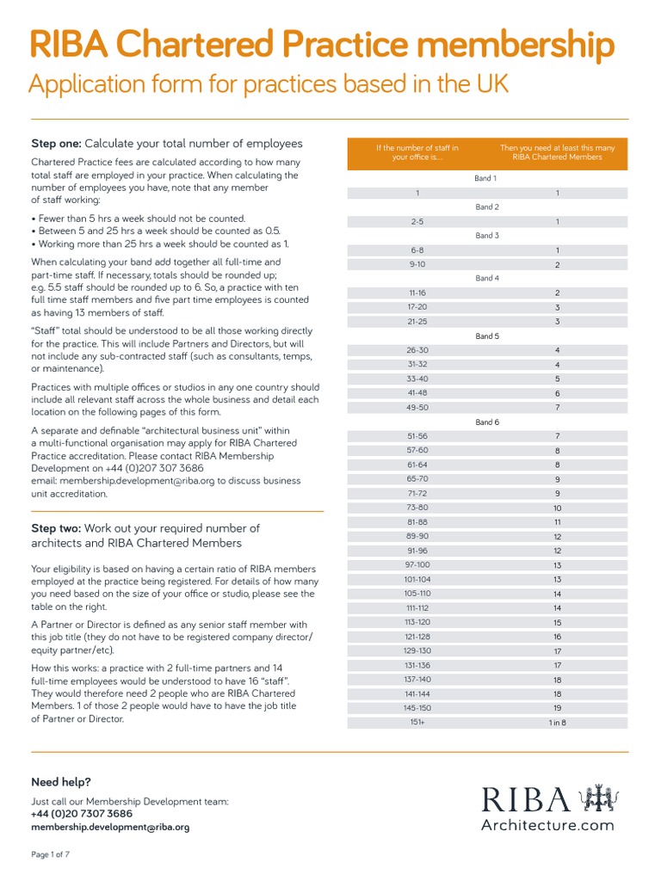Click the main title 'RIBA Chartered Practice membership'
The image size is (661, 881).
click(323, 45)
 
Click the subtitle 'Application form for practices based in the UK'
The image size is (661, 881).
click(269, 84)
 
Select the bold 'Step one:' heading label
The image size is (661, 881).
click(56, 144)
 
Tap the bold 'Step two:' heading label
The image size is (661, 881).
click(56, 528)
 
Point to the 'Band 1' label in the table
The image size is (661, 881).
click(486, 179)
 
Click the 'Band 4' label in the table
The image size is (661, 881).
click(486, 279)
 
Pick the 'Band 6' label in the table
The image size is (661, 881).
click(486, 422)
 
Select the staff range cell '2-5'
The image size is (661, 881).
click(417, 222)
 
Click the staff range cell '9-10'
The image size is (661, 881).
click(417, 265)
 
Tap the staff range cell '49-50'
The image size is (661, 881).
click(417, 408)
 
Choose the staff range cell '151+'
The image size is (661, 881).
click(417, 723)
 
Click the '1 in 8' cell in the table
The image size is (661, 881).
click(558, 723)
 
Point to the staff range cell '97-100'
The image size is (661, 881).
click(417, 565)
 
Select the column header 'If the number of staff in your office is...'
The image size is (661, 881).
click(417, 152)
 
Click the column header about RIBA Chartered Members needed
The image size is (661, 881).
click(558, 152)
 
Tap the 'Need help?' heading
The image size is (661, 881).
click(61, 782)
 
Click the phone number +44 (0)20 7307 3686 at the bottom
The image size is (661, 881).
click(82, 814)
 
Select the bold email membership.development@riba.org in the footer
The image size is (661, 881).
click(110, 827)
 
